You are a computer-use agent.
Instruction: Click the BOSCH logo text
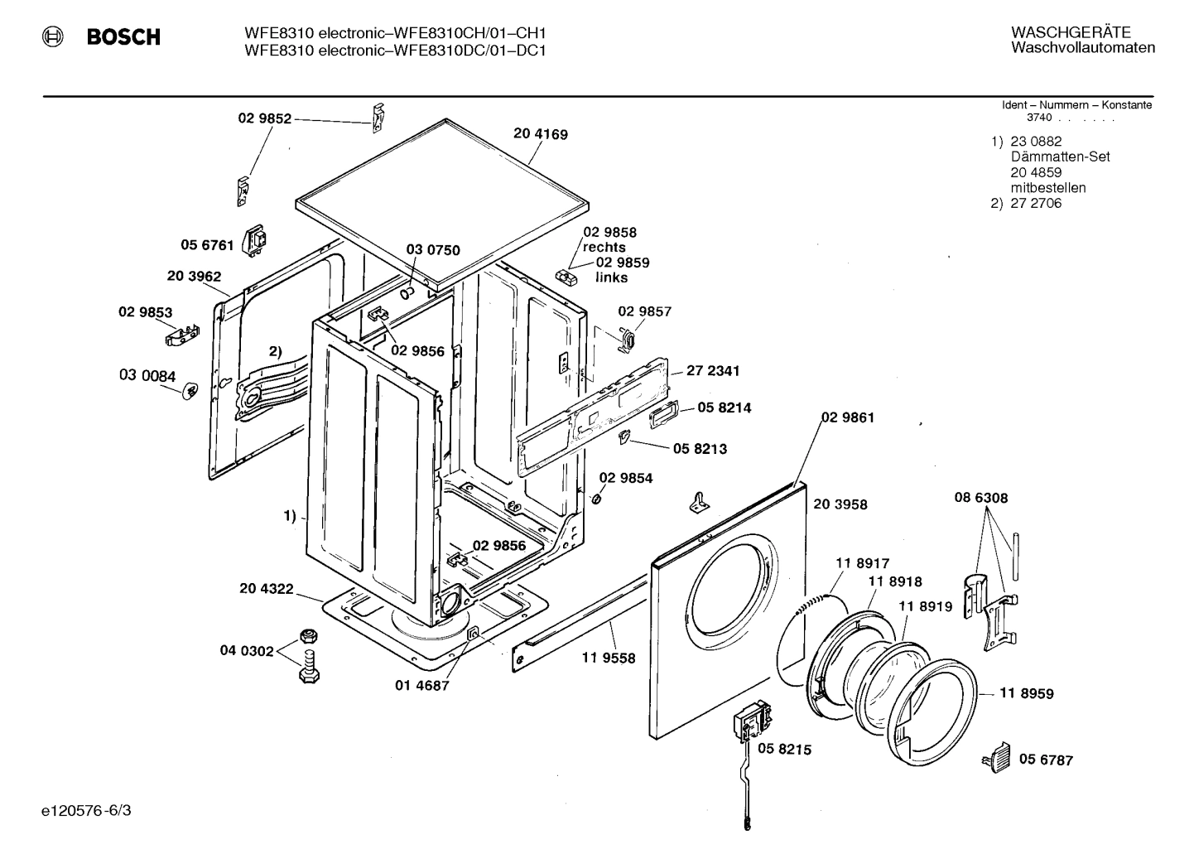123,37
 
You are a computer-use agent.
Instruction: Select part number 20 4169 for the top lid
540,134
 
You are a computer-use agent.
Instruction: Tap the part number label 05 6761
207,245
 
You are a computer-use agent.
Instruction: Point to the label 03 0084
147,376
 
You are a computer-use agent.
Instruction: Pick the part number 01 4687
421,685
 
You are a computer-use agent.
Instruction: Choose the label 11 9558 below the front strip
609,658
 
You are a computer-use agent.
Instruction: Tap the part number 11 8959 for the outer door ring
1026,693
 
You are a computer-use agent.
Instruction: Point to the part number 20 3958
840,504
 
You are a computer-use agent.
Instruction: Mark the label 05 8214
724,408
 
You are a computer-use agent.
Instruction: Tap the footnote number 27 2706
1035,203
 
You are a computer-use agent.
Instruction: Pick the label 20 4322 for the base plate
266,588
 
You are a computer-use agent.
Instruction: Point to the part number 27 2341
713,371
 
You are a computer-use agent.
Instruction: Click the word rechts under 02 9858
604,247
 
